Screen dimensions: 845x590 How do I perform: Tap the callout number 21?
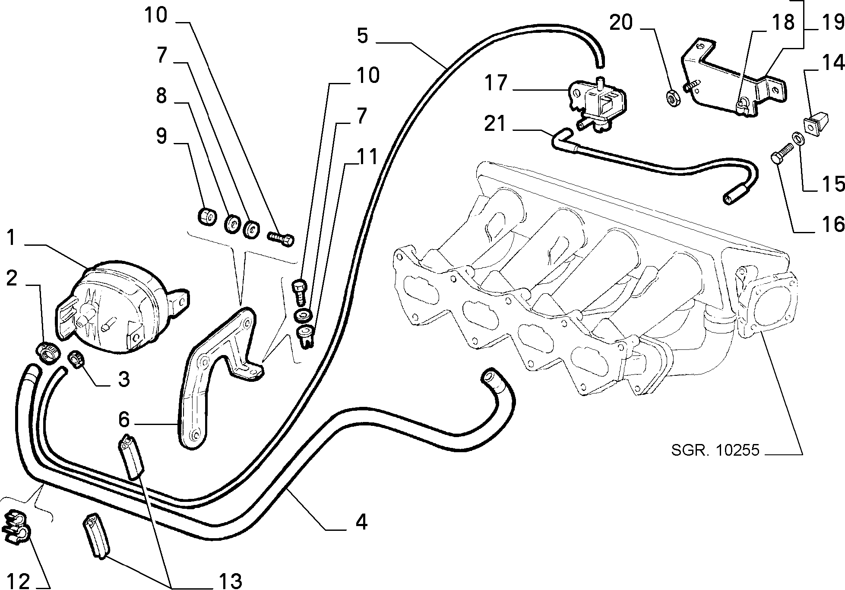(x=495, y=124)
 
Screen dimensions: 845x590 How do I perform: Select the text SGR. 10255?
(x=715, y=450)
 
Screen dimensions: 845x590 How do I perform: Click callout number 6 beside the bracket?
(x=124, y=419)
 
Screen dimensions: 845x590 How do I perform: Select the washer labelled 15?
(x=798, y=139)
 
